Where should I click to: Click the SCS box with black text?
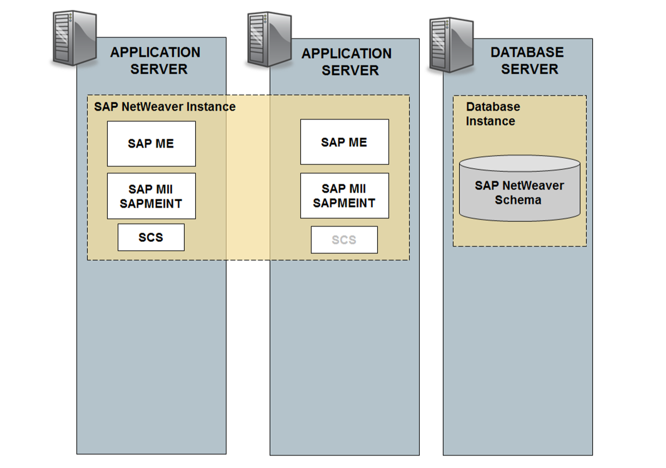tap(151, 237)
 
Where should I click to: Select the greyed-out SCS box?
tap(344, 240)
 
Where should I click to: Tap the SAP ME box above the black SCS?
tap(151, 143)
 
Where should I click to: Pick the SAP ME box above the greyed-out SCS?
tap(344, 142)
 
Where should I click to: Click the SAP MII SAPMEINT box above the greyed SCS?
tap(344, 196)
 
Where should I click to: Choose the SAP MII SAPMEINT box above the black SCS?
tap(151, 196)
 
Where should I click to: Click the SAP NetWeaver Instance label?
tap(165, 107)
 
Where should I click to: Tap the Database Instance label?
tap(492, 114)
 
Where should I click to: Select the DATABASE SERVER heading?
tap(528, 61)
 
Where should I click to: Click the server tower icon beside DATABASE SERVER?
tap(451, 45)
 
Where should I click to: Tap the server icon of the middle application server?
tap(269, 39)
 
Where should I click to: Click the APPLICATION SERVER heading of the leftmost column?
tap(156, 61)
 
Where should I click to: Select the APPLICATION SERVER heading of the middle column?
tap(347, 62)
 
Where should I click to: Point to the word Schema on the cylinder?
tap(518, 200)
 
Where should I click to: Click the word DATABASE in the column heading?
tap(527, 53)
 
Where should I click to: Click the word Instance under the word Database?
tap(490, 121)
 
